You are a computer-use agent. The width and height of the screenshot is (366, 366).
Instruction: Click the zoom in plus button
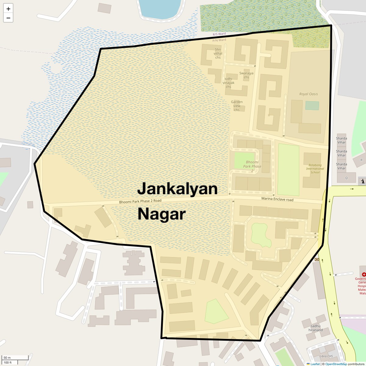coord(8,9)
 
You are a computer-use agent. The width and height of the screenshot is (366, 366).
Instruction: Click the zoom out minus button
coord(8,18)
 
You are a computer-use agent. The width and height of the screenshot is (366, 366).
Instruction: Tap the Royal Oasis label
coord(308,94)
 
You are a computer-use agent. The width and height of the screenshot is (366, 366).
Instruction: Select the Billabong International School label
coord(315,169)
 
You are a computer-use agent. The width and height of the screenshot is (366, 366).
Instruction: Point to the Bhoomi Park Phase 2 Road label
coord(140,201)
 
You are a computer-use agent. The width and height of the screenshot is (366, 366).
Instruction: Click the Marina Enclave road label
coord(277,199)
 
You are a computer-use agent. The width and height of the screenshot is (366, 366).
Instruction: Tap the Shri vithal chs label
coord(218,53)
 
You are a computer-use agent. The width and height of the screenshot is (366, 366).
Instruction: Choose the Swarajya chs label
coord(246,75)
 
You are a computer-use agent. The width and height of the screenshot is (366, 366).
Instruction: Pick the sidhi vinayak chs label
coord(228,83)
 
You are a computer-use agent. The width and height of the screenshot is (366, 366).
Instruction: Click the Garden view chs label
coord(237,106)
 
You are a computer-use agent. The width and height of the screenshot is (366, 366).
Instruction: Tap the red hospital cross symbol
coord(364,274)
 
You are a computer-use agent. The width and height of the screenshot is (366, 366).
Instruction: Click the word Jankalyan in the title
coord(177,189)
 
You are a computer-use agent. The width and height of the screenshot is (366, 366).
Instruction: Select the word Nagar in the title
coord(162,214)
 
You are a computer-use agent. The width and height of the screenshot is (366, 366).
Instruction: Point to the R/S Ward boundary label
coord(219,34)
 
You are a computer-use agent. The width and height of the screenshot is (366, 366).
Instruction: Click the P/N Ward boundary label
coord(219,40)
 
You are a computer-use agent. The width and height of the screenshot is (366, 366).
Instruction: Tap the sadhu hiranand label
coord(315,328)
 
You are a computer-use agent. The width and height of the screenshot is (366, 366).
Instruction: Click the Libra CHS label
coord(326,356)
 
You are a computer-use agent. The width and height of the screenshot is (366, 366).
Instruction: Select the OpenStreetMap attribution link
coord(336,364)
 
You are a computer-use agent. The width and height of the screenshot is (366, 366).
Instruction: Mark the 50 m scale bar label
coord(7,357)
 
